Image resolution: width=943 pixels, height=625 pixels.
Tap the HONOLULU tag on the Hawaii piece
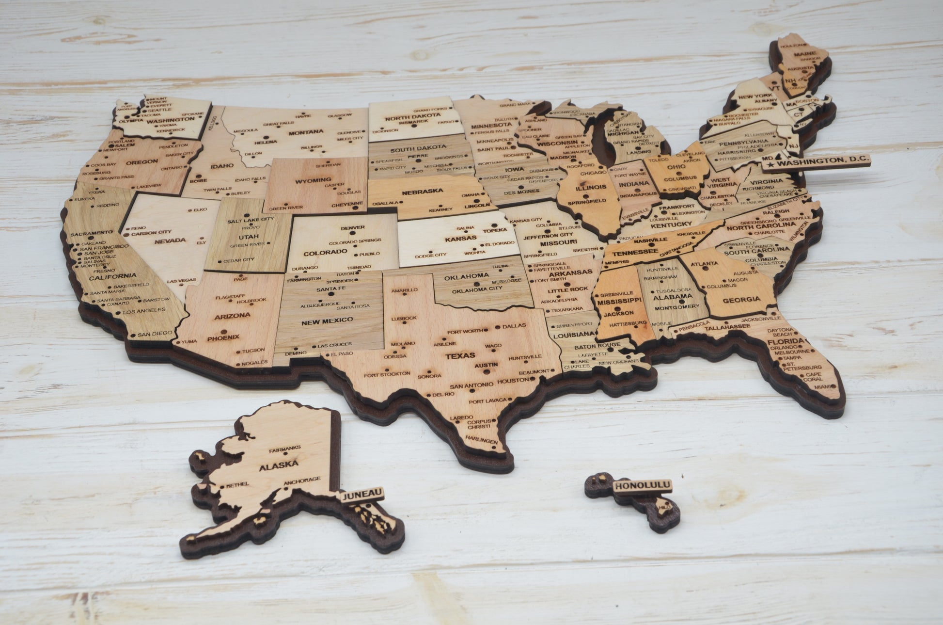tap(642, 485)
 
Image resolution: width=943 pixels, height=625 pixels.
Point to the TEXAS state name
tap(460, 356)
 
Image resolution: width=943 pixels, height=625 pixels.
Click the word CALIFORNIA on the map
tap(106, 275)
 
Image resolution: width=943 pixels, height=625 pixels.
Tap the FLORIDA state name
tap(783, 342)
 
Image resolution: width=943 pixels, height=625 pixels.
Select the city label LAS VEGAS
tap(182, 280)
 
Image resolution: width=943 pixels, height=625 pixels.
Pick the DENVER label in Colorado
tap(353, 227)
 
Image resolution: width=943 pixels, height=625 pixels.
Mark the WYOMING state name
tap(313, 180)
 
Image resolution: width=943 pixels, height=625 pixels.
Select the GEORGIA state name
tap(741, 300)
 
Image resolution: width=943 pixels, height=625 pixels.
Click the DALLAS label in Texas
tap(514, 326)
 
